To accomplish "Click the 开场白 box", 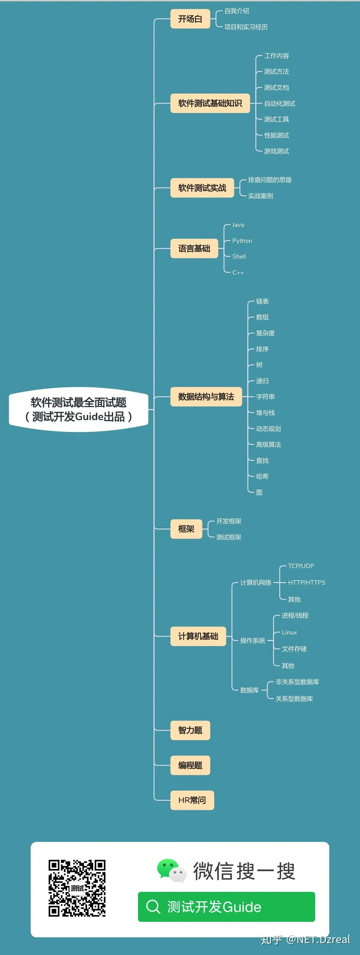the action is tap(190, 19).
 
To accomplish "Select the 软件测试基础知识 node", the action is tap(210, 103).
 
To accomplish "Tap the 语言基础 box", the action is tap(194, 248).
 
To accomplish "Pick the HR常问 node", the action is tap(192, 800).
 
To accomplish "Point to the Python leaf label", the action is tap(242, 241).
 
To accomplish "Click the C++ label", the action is tap(238, 272).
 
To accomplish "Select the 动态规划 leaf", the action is tap(268, 429).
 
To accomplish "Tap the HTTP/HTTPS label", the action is tap(307, 582).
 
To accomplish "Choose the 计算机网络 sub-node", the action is tap(255, 582).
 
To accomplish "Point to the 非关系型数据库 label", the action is tap(297, 682).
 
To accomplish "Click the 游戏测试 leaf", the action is tap(276, 151).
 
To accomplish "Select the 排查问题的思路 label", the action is tap(270, 180).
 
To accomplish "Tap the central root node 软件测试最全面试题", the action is tap(79, 409).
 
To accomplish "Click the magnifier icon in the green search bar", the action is tap(153, 906).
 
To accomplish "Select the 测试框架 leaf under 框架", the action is tap(229, 537).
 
